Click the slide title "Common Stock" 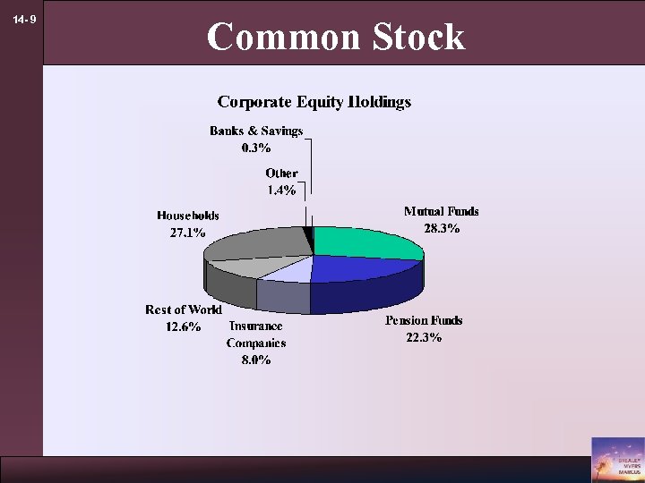[x=336, y=38]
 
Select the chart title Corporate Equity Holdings [x=314, y=102]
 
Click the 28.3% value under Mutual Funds [x=442, y=228]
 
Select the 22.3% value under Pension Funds [x=424, y=337]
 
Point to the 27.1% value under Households [x=187, y=233]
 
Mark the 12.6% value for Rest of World [x=184, y=326]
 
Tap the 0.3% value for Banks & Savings [x=256, y=148]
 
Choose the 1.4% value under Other [x=281, y=190]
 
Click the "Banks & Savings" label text [x=256, y=131]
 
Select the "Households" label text [x=188, y=216]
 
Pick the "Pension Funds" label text [x=424, y=320]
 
